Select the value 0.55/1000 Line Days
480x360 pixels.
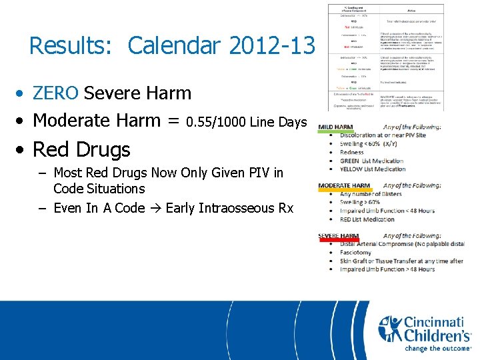[x=247, y=122]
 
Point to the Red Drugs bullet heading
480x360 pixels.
[x=81, y=149]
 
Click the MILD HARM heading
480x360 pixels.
[x=336, y=127]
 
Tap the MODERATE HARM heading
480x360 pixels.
[x=344, y=185]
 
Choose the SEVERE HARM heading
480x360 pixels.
[x=339, y=236]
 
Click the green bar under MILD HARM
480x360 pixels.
[x=336, y=133]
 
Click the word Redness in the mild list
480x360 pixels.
[x=352, y=153]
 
